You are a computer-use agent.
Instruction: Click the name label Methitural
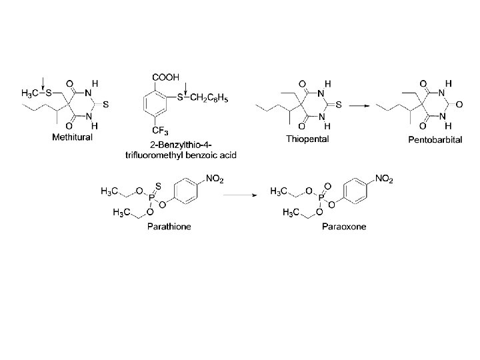[x=73, y=137]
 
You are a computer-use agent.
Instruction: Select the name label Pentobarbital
[x=435, y=140]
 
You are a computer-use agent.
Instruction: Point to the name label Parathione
[x=169, y=226]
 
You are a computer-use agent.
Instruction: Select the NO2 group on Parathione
[x=215, y=178]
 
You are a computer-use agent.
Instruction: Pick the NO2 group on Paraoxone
[x=385, y=178]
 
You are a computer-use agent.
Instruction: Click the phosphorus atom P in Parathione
[x=156, y=199]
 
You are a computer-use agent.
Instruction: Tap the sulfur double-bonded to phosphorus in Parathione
[x=157, y=180]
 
